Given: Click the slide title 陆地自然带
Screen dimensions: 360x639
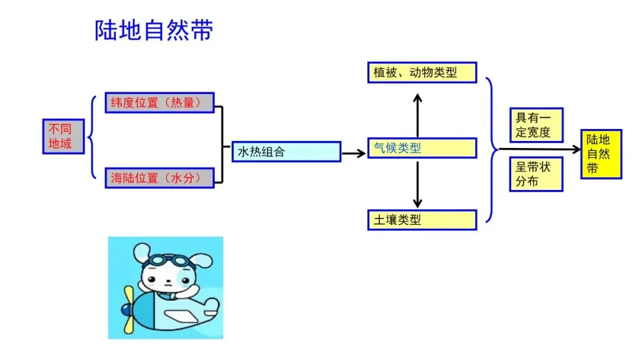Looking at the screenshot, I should [x=153, y=31].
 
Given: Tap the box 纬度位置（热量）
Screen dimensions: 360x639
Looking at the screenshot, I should [x=159, y=102].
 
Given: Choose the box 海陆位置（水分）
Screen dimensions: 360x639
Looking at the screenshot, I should [x=159, y=178].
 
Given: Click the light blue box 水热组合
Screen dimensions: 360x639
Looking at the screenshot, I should [x=286, y=152].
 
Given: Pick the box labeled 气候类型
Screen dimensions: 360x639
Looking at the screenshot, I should [x=422, y=148].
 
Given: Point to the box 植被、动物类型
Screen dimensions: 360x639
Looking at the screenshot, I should [x=422, y=72].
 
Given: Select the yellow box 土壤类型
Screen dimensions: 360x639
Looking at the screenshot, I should [x=422, y=220].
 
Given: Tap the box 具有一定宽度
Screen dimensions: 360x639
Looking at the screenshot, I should [x=536, y=125].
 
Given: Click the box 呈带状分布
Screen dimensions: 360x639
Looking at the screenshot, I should [x=536, y=174].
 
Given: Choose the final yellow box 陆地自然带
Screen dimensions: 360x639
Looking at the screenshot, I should [x=601, y=154].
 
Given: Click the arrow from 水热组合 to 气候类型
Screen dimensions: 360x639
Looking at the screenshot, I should [x=354, y=153].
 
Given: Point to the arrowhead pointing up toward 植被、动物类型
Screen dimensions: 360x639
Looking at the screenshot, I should [x=418, y=98].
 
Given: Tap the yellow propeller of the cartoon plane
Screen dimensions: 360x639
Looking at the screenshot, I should [x=128, y=309].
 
